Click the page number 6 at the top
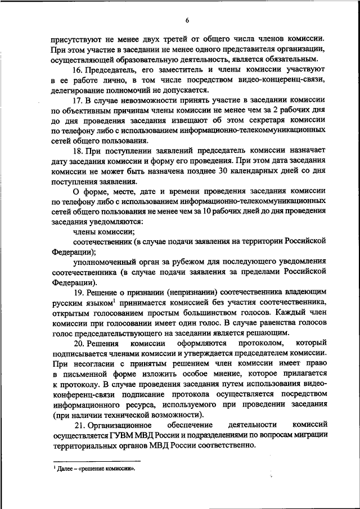(x=187, y=21)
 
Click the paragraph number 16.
(x=78, y=70)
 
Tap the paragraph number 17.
(x=78, y=101)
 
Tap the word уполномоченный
(x=103, y=262)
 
